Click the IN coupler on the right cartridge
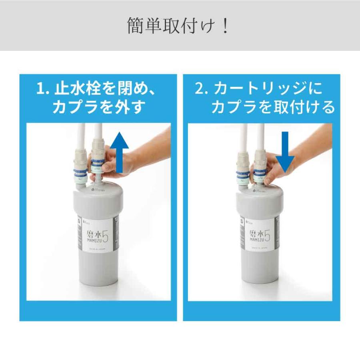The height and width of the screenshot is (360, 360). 242,176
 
